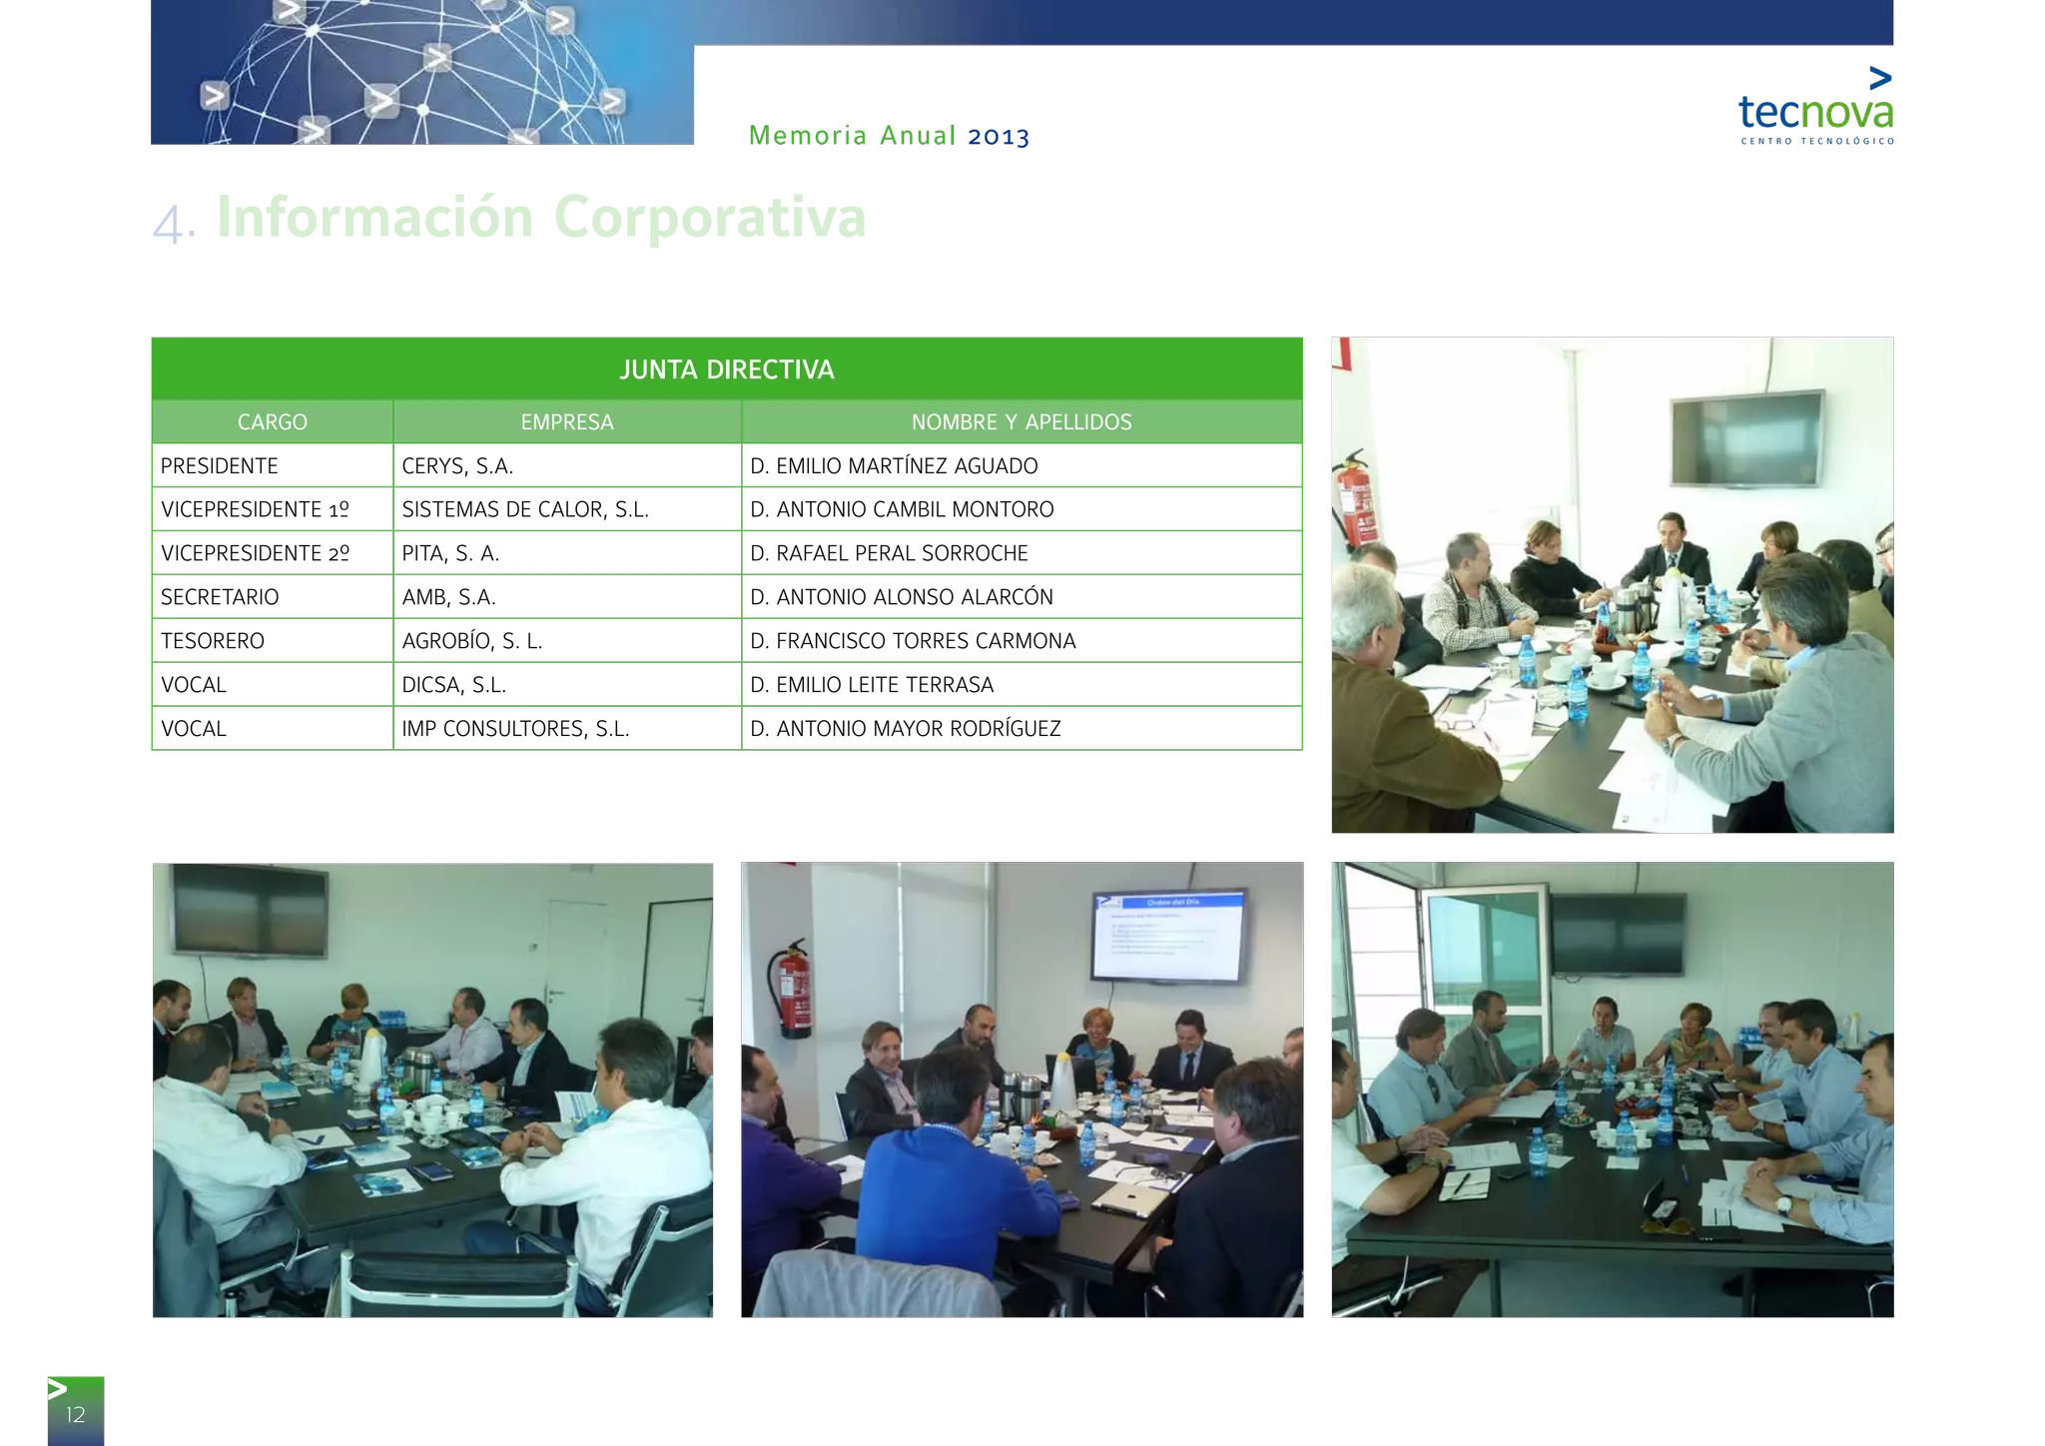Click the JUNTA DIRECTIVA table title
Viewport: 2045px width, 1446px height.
(x=726, y=369)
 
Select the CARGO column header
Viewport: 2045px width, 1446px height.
(x=273, y=422)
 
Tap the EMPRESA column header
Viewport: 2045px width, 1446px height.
(x=566, y=422)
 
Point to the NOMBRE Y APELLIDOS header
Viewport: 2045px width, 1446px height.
(x=1021, y=422)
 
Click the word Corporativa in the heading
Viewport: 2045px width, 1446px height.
(x=710, y=217)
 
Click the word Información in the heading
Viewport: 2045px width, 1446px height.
(x=375, y=217)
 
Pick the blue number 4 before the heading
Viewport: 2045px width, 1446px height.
(x=170, y=224)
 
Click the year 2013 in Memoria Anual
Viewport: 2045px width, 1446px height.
(x=998, y=136)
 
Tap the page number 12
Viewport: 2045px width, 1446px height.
(x=76, y=1414)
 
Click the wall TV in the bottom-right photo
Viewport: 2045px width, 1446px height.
(x=1618, y=934)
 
